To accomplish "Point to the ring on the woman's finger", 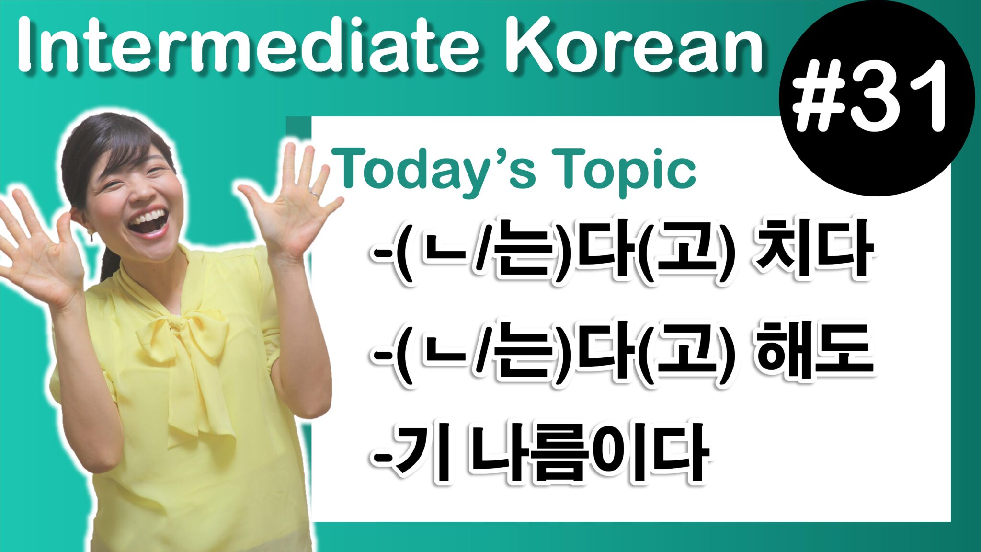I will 314,194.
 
